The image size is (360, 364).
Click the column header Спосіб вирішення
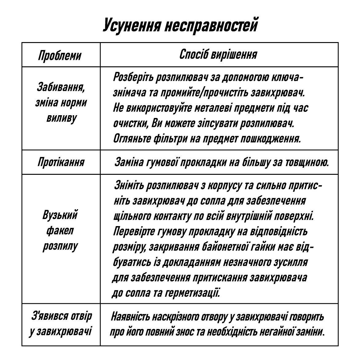tap(218, 54)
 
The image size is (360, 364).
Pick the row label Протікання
tap(61, 162)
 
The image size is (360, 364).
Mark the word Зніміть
tap(129, 185)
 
